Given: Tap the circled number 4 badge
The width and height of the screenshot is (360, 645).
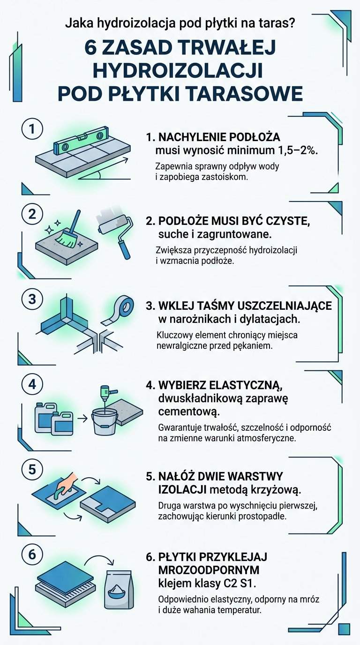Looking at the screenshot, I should point(32,384).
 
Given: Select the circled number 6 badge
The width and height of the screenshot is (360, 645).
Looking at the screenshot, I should point(32,554).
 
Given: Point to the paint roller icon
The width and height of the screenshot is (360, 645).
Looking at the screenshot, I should point(115,232).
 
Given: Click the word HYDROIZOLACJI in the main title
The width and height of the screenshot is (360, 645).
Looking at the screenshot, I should point(177,70).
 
